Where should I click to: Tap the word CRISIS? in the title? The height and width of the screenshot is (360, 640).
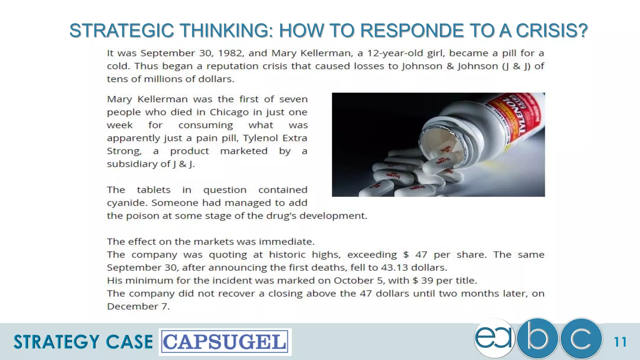[x=552, y=31]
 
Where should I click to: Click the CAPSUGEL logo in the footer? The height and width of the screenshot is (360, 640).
[x=225, y=342]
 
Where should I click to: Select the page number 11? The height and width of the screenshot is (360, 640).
[x=620, y=342]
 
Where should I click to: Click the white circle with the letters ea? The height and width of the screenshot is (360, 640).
[x=494, y=338]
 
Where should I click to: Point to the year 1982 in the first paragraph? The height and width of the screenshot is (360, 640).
[x=230, y=53]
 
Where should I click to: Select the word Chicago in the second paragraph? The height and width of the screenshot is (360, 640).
[x=229, y=112]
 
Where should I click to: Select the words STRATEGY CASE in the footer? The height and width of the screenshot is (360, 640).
[x=83, y=342]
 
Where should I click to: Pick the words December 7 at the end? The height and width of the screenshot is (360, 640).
[x=138, y=306]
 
